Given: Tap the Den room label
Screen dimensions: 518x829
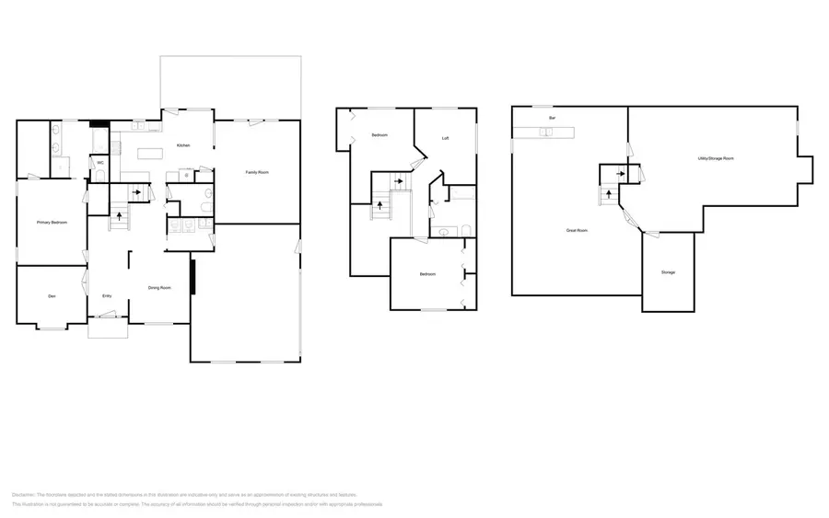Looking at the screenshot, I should coord(52,295).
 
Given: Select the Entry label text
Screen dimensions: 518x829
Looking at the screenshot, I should coord(107,295).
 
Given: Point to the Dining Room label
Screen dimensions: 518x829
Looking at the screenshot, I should coord(160,288).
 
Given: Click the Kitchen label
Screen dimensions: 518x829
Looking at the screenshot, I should coord(183,145).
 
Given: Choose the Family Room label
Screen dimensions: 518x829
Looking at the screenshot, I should coord(257,172).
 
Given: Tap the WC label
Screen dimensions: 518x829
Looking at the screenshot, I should coord(99,163).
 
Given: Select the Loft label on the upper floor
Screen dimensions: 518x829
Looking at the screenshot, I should coord(446,138).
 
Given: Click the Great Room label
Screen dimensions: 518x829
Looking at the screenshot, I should coord(578,230).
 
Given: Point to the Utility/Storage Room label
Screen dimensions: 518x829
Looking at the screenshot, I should coord(716,159).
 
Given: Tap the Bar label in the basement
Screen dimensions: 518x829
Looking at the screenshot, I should coord(552,119).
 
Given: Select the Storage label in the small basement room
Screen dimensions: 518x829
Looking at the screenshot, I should coord(668,272).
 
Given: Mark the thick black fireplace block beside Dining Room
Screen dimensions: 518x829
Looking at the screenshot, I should coord(193,277).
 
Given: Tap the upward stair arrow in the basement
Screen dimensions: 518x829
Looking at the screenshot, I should coord(609,195).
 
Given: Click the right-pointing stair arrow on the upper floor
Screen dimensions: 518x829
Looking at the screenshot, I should coord(398,181).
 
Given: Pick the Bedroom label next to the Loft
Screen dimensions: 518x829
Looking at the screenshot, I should coord(380,136).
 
